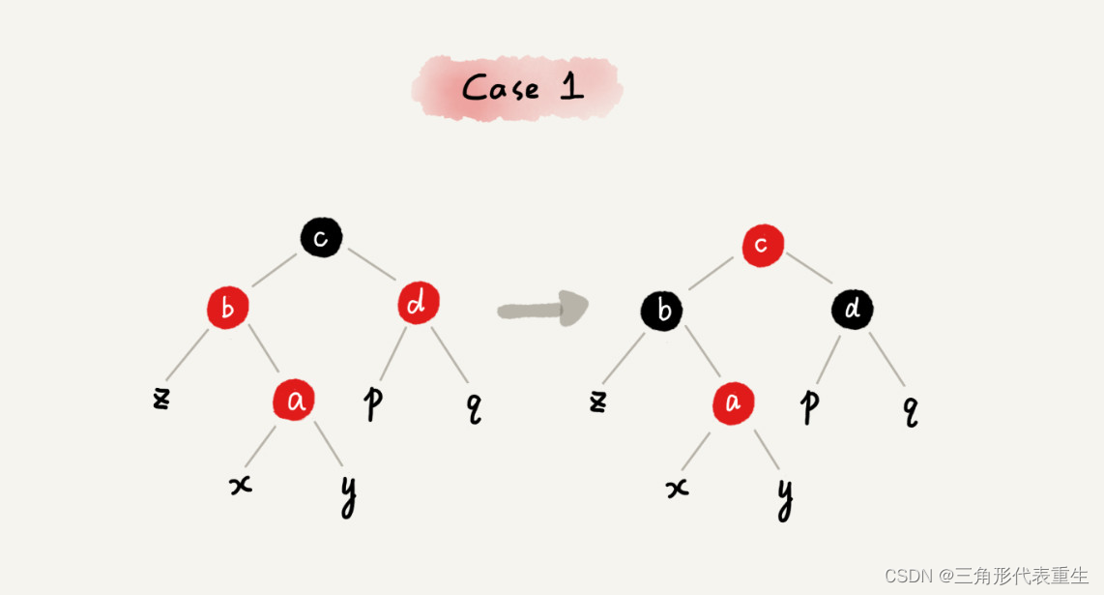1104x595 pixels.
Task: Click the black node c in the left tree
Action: point(321,237)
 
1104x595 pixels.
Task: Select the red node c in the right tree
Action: point(763,245)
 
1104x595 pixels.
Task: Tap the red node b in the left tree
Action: point(228,309)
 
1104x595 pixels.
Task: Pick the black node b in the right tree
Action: point(662,311)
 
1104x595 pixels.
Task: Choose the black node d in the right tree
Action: point(853,310)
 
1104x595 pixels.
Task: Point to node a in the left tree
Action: point(295,400)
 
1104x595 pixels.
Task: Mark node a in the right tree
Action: point(734,403)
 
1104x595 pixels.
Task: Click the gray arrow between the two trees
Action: point(542,309)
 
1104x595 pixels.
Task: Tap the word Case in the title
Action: point(500,88)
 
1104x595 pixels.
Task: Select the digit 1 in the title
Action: point(571,87)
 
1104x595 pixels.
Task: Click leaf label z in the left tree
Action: point(161,398)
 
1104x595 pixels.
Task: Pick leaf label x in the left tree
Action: point(241,485)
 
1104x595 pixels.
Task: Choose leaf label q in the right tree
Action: point(910,410)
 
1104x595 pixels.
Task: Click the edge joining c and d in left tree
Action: point(371,264)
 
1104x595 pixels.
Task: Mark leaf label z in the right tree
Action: point(598,400)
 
